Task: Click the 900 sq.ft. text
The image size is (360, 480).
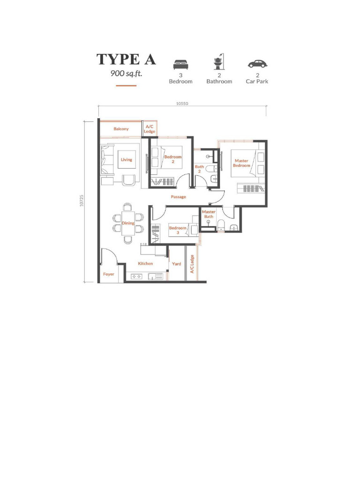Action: (x=126, y=73)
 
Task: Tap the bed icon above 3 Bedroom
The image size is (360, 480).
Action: (x=180, y=64)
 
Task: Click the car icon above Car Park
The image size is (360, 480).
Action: (x=257, y=64)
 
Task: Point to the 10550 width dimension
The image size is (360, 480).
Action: (x=182, y=104)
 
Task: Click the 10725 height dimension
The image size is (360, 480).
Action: (x=82, y=201)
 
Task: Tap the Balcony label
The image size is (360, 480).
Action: (x=121, y=129)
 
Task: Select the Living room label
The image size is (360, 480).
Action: (x=127, y=159)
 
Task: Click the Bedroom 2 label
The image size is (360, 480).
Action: (x=173, y=159)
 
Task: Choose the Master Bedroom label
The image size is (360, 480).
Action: (x=242, y=163)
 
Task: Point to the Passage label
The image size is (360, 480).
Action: (x=178, y=197)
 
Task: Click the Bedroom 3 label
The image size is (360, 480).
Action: (x=178, y=230)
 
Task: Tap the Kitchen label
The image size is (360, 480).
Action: (x=145, y=263)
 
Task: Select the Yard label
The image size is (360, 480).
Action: (x=176, y=264)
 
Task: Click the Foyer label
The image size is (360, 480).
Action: (x=109, y=274)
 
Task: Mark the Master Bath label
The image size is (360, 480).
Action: (x=209, y=214)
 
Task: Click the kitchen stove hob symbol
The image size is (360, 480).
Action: (x=137, y=277)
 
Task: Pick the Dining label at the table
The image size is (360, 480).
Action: (x=128, y=223)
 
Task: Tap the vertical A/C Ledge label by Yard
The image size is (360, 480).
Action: (x=192, y=264)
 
